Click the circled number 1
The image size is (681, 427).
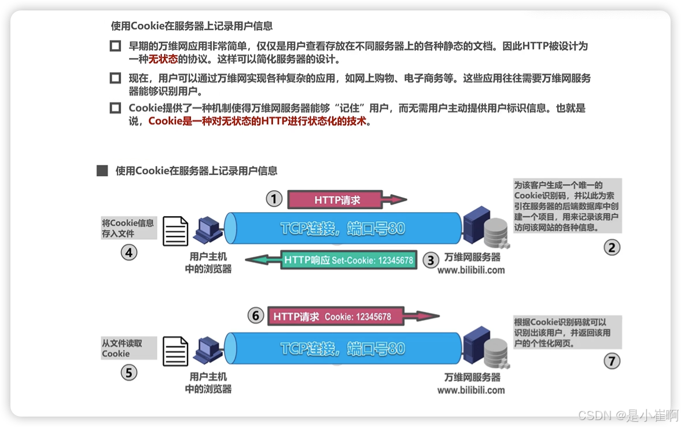[274, 199]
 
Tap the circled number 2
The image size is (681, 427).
[612, 247]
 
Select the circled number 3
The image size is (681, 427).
[430, 260]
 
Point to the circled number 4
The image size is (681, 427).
[129, 252]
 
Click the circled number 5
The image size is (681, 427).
[128, 373]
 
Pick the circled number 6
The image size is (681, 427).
[256, 316]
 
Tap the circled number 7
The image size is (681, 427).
[612, 361]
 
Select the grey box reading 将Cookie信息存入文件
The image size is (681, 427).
[128, 228]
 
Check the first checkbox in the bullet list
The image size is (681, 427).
[115, 46]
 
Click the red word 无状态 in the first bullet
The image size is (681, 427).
[163, 59]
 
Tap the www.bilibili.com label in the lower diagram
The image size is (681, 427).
[470, 390]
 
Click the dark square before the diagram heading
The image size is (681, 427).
[102, 170]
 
